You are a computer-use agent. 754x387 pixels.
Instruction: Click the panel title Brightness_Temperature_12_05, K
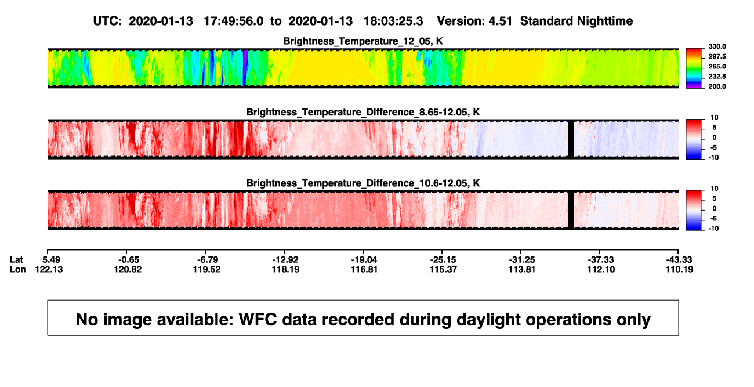pos(363,41)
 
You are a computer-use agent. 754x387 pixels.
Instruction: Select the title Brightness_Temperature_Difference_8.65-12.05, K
pos(363,112)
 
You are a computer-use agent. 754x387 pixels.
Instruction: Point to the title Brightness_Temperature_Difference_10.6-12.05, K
pos(363,183)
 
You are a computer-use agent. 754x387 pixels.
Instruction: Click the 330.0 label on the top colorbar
pos(717,46)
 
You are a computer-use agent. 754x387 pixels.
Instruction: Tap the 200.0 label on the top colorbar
pos(717,86)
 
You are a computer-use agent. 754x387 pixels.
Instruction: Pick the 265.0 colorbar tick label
pos(717,66)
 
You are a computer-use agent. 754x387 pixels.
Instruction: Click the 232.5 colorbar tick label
pos(717,77)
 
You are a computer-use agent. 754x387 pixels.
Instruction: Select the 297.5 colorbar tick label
pos(717,56)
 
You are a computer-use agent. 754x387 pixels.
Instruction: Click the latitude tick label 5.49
pos(51,260)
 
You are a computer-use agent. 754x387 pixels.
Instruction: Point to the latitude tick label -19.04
pos(364,260)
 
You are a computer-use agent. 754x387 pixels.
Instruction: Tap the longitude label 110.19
pos(679,269)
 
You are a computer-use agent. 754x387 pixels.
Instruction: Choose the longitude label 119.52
pos(206,269)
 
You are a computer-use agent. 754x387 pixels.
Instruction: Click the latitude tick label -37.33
pos(601,260)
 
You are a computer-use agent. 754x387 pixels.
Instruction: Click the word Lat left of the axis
pos(16,260)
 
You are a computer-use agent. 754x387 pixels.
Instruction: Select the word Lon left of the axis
pos(17,269)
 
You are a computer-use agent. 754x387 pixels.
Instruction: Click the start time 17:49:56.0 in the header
pos(234,21)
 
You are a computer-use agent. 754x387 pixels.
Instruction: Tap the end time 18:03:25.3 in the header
pos(393,21)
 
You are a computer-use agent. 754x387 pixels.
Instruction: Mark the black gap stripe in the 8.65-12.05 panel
pos(571,139)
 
